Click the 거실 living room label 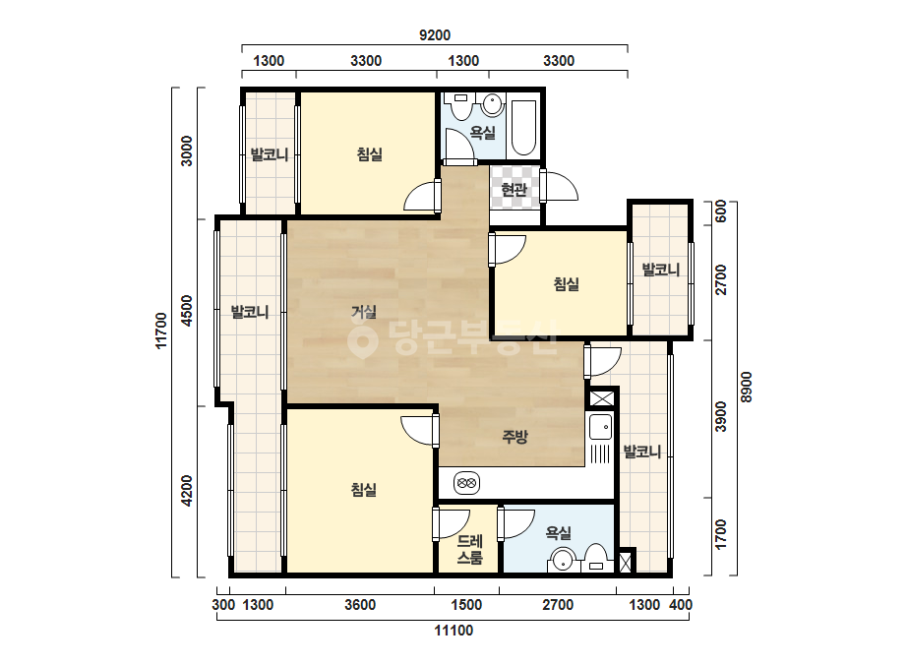tap(364, 312)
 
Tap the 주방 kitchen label tap(515, 436)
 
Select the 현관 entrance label tap(515, 190)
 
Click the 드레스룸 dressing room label tap(469, 550)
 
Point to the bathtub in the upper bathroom tap(524, 128)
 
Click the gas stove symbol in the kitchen tap(466, 483)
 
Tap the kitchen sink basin tap(600, 428)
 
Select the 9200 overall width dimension tap(435, 35)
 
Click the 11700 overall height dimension tap(161, 331)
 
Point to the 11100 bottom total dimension tap(454, 631)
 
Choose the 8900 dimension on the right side tap(747, 388)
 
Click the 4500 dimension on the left tap(187, 311)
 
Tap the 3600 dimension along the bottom tap(360, 605)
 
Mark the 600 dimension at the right tap(721, 212)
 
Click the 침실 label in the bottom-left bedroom tap(364, 490)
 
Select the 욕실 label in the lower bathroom tap(558, 532)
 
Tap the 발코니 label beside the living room tap(250, 312)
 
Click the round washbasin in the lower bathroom tap(561, 560)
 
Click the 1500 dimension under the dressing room tap(466, 605)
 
